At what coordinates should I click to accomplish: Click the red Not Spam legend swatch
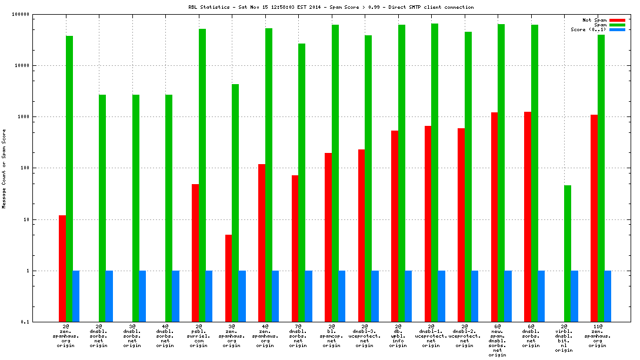click(617, 20)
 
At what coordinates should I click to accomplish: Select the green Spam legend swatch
click(617, 25)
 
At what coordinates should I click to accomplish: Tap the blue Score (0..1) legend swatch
click(617, 29)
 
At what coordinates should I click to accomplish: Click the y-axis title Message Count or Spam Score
click(5, 168)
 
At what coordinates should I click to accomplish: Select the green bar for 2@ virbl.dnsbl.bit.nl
click(568, 254)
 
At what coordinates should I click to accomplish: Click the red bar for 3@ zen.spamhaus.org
click(228, 278)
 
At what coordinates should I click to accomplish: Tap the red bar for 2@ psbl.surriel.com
click(195, 253)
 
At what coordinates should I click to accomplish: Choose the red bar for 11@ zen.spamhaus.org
click(594, 218)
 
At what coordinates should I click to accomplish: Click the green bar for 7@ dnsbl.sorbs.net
click(302, 182)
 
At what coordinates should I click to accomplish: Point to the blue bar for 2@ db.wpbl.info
click(408, 296)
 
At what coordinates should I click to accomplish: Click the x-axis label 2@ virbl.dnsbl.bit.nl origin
click(564, 338)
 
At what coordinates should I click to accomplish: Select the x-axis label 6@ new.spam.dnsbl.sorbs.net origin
click(498, 341)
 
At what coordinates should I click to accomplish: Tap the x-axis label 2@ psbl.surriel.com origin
click(198, 336)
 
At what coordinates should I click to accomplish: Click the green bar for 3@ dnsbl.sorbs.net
click(135, 208)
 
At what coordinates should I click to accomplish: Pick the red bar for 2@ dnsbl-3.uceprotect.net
click(361, 235)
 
